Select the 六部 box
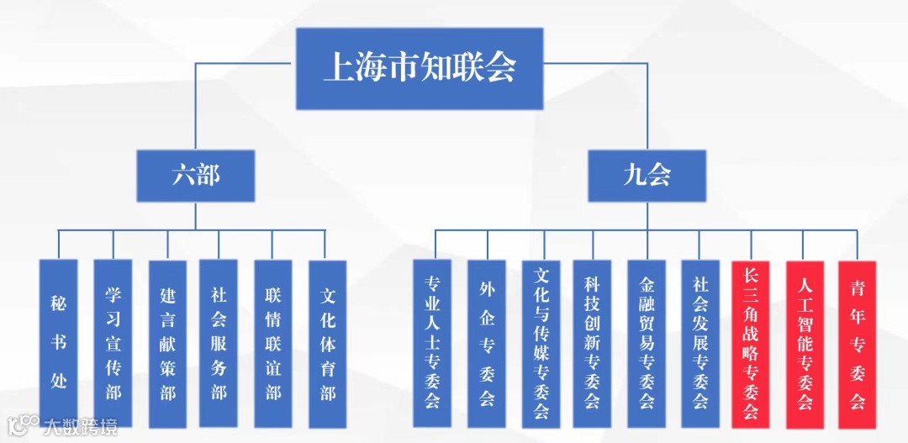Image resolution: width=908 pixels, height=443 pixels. (196, 176)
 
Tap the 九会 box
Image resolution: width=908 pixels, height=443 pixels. (647, 176)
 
